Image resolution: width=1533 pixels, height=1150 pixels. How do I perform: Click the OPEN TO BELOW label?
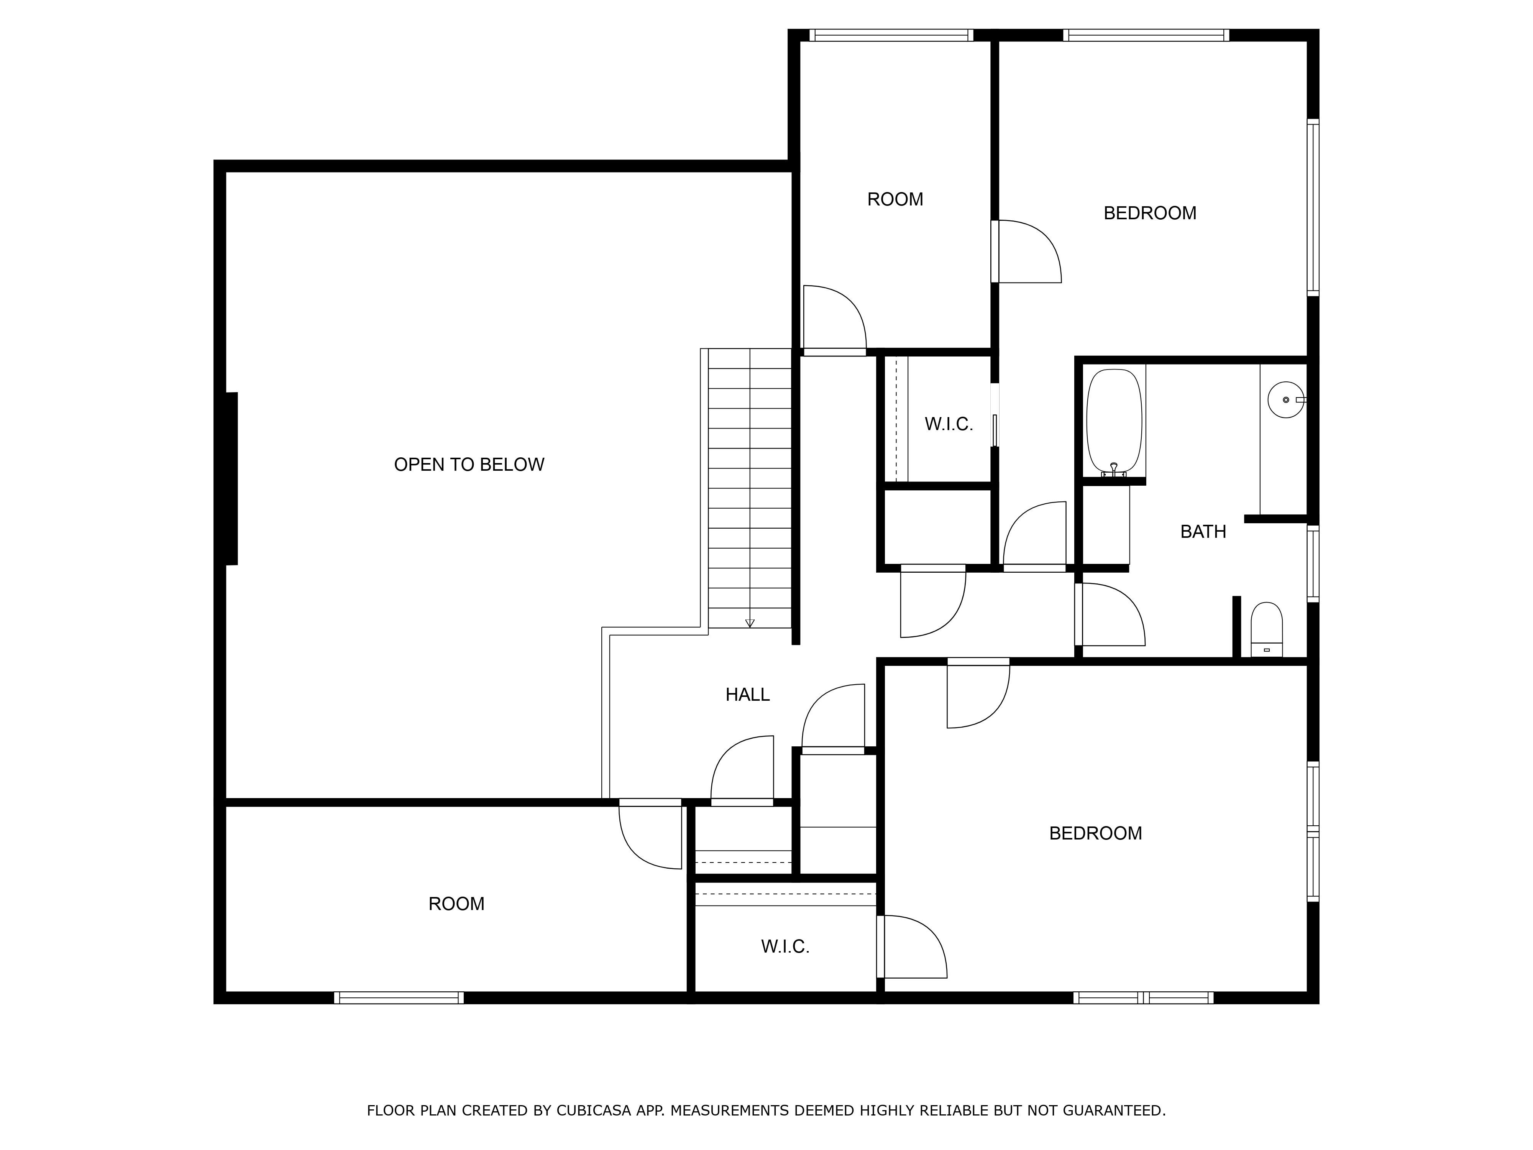click(x=469, y=465)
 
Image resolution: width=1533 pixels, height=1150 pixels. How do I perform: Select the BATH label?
click(x=1203, y=532)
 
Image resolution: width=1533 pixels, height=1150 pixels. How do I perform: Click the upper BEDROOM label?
click(x=1150, y=213)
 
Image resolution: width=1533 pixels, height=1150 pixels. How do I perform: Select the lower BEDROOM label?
click(x=1095, y=833)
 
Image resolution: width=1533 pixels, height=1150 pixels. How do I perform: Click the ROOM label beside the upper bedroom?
click(x=895, y=200)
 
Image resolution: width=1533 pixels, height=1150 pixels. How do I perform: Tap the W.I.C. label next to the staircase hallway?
click(x=949, y=424)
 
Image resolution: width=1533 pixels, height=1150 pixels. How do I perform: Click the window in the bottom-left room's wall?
click(x=399, y=998)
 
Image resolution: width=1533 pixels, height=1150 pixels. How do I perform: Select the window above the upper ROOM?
click(x=891, y=35)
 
